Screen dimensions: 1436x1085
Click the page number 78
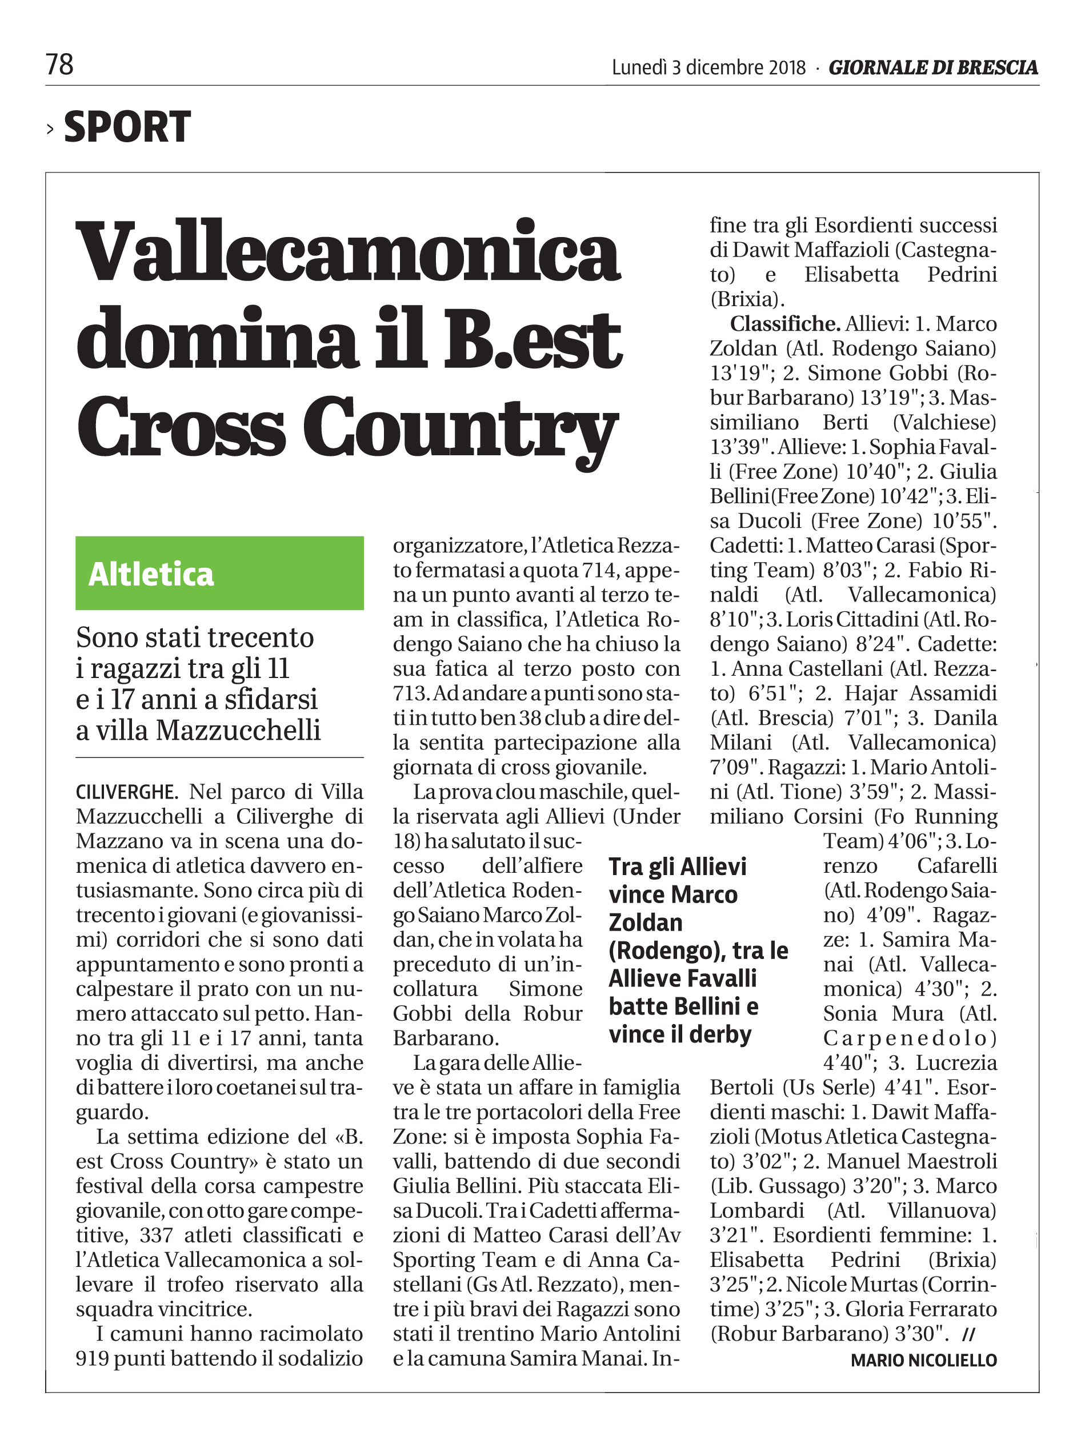(x=59, y=65)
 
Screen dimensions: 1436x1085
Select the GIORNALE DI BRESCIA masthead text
(x=933, y=67)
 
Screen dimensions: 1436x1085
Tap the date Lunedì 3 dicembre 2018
(x=708, y=67)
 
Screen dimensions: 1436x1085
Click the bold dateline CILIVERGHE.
(x=127, y=792)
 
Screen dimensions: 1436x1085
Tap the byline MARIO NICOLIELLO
(x=923, y=1359)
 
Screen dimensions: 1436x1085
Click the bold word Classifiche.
(x=785, y=323)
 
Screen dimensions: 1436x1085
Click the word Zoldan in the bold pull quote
(x=646, y=922)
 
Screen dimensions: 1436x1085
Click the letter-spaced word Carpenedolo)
(x=910, y=1037)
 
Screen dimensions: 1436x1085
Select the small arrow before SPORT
(x=50, y=129)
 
